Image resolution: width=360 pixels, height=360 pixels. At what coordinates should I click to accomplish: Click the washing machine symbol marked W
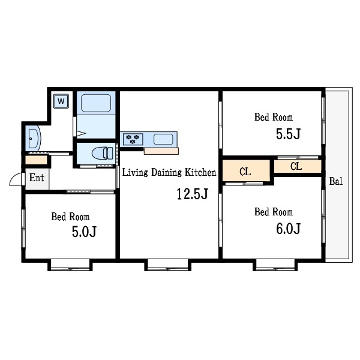coord(61,101)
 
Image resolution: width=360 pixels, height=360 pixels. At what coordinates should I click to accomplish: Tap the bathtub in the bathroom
coord(96,103)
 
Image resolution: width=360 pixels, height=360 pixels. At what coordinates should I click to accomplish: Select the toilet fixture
coord(103,153)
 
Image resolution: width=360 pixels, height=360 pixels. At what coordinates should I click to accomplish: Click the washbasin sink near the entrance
coord(34,139)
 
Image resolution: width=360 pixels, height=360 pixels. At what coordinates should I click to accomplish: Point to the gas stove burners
coord(133,139)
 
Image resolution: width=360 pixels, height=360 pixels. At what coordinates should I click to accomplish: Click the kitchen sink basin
coord(163,139)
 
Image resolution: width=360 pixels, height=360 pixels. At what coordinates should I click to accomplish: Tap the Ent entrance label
coord(37,178)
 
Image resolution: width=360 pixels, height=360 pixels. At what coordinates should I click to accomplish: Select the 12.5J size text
coord(193,194)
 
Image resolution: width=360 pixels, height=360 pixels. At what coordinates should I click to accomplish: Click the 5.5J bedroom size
coord(288,134)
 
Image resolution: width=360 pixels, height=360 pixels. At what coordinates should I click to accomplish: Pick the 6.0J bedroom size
coord(288,229)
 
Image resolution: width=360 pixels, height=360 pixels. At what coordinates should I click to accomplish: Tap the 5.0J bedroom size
coord(84,232)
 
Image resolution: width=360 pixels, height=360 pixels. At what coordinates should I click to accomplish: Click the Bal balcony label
coord(335,181)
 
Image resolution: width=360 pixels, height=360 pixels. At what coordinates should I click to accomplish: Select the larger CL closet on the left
coord(246,171)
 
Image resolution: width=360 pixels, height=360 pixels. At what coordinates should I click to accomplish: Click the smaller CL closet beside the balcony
coord(298,166)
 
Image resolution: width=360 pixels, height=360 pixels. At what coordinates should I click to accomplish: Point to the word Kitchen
coord(200,172)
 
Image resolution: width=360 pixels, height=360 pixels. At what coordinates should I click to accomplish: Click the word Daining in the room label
coord(166,172)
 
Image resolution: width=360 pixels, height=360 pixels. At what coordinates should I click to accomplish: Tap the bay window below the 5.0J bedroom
coord(70,265)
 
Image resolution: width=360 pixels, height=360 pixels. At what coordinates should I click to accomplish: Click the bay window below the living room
coord(167,265)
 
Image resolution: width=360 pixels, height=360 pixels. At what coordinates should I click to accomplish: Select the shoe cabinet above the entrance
coord(36,160)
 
